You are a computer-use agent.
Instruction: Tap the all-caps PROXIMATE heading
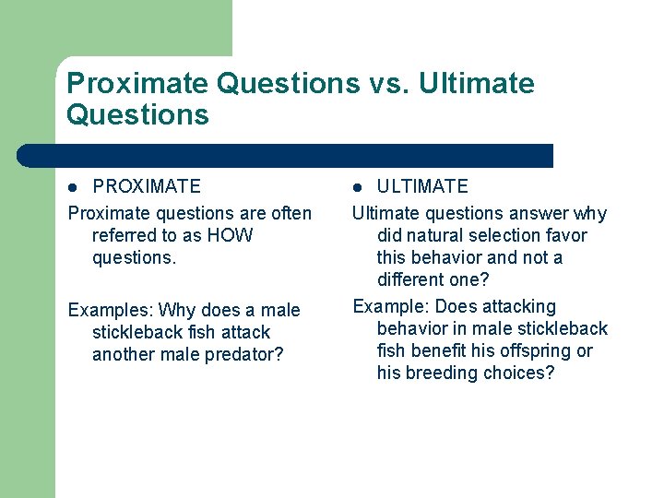(x=147, y=186)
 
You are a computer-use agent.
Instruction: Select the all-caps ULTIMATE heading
(x=422, y=186)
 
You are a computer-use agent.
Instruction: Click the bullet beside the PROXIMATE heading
(x=76, y=187)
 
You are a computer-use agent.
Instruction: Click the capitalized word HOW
(x=230, y=235)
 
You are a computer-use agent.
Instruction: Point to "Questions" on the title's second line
(x=138, y=115)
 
